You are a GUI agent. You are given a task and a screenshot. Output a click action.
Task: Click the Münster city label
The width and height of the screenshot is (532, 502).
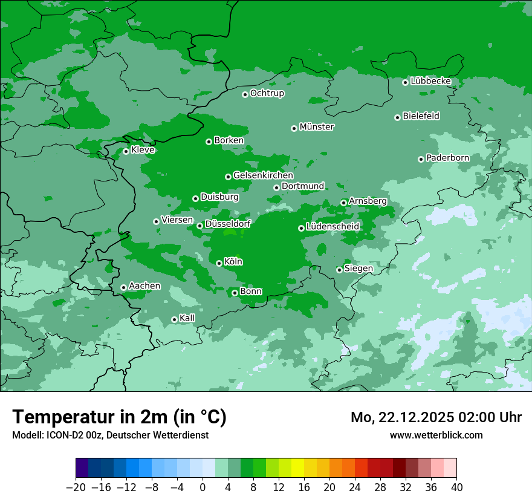[317, 127]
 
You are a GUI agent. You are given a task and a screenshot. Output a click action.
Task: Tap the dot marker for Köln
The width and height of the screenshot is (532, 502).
[219, 263]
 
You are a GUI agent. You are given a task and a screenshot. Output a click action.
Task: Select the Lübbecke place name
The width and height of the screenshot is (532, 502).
[430, 81]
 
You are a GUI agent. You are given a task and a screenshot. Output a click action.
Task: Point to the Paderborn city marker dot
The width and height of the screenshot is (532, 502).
[421, 159]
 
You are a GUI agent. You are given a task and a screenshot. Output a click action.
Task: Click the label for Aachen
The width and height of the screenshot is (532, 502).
[144, 286]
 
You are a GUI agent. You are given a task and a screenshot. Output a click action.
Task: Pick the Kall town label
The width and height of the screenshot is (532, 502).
[187, 318]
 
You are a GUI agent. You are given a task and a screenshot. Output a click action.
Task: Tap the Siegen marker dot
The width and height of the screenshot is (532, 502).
[339, 270]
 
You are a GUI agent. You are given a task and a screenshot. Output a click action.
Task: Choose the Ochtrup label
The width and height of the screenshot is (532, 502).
[267, 93]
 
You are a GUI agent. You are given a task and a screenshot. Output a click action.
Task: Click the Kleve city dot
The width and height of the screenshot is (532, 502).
[126, 151]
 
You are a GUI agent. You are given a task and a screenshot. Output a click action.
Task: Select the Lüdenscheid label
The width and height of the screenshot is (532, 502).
[332, 227]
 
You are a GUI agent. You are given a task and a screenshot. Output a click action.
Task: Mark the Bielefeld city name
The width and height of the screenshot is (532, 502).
[421, 116]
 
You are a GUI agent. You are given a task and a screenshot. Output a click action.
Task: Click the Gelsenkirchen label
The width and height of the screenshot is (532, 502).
[263, 175]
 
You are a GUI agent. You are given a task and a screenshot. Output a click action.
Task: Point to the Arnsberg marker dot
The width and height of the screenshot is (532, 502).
[343, 203]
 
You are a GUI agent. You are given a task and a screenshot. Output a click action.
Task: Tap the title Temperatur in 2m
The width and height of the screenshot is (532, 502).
[119, 417]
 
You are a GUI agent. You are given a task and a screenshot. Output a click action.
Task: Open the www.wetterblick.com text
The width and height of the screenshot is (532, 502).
[436, 435]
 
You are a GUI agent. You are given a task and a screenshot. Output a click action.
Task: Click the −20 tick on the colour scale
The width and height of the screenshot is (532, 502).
[76, 487]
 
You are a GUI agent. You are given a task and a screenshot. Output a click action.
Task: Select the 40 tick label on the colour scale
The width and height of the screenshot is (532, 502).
[456, 487]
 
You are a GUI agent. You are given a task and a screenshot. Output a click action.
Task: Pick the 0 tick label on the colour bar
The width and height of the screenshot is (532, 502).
[203, 487]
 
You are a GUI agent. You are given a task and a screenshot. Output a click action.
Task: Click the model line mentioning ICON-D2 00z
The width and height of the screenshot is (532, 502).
[110, 435]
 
